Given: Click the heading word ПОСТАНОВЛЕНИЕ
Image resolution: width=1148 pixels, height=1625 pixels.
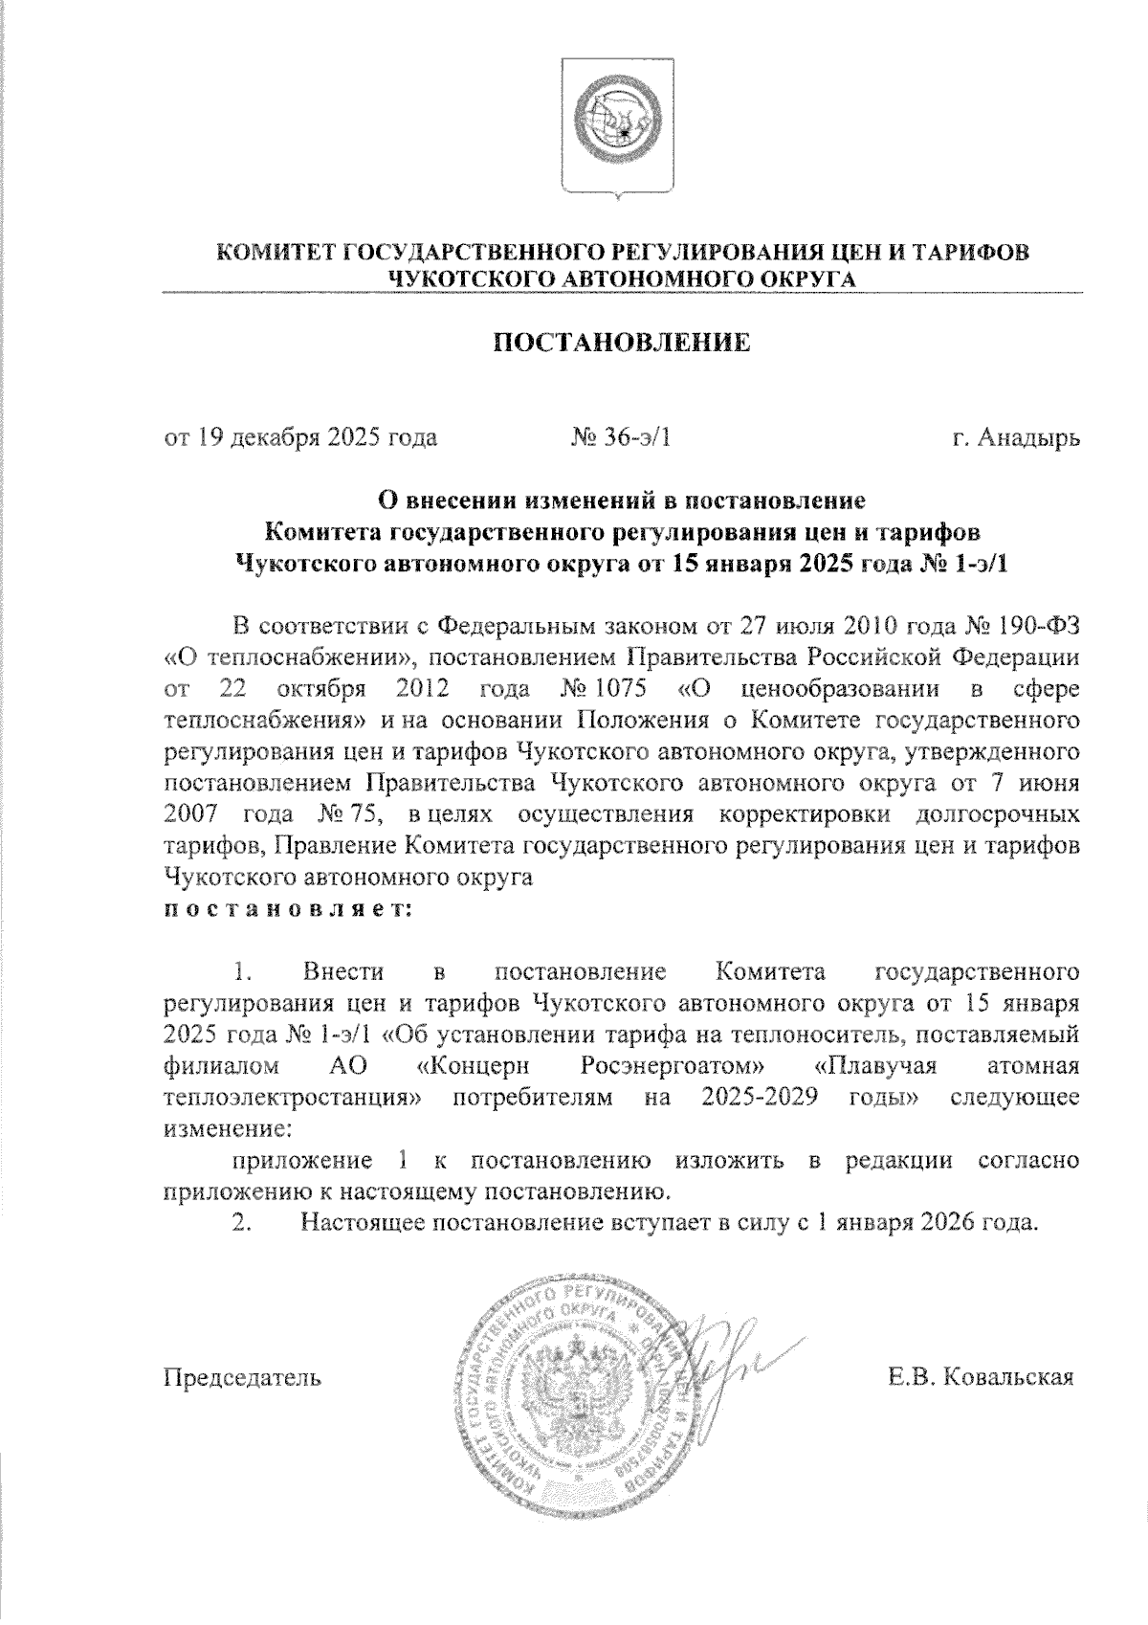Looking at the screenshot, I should [621, 343].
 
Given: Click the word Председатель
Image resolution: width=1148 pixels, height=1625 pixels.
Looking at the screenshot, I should [242, 1378].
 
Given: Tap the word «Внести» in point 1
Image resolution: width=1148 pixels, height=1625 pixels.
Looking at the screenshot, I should [343, 972].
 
